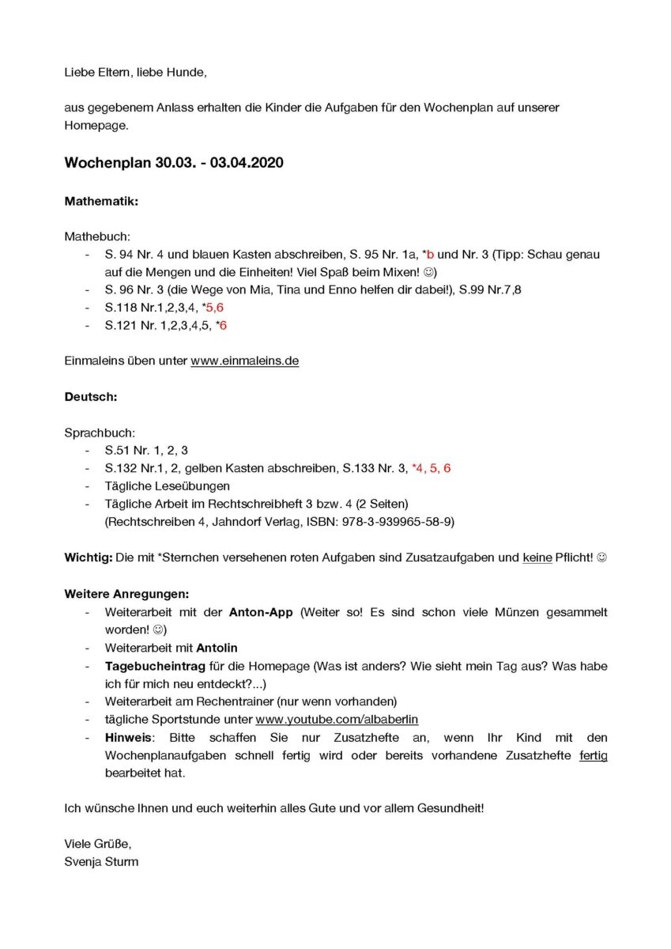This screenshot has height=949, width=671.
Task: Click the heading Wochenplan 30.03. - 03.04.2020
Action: click(173, 163)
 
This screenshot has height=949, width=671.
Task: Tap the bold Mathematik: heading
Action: click(101, 201)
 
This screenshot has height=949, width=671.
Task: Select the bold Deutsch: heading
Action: click(91, 397)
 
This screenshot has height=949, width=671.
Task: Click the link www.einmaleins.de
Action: click(244, 361)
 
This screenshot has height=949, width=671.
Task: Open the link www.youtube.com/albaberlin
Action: click(337, 720)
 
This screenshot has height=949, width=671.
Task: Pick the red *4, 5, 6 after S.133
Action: click(431, 468)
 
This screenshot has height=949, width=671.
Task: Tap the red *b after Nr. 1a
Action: click(428, 254)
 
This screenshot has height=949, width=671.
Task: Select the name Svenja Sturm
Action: click(101, 861)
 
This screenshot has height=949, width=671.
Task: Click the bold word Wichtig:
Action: click(88, 558)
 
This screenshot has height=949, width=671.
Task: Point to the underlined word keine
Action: click(537, 558)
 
